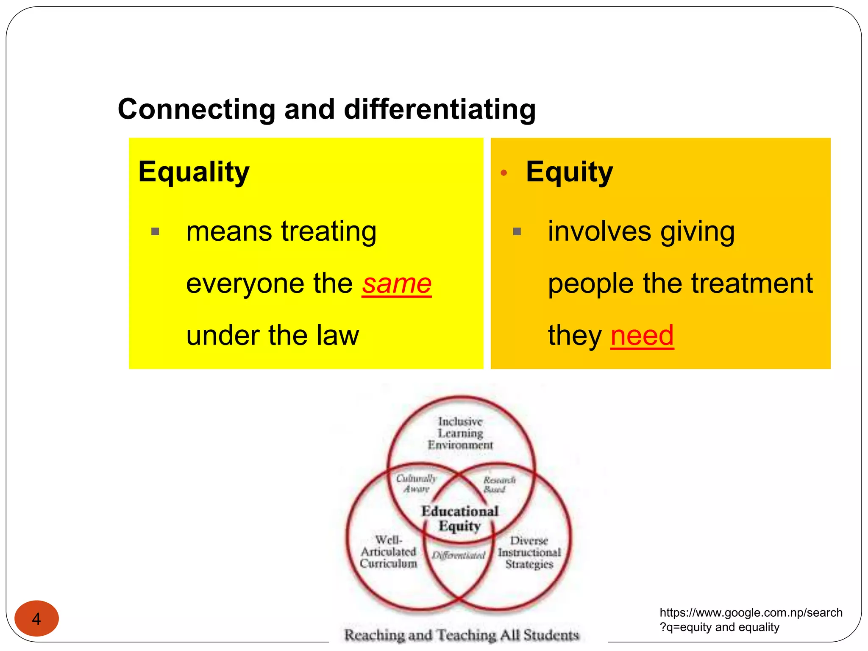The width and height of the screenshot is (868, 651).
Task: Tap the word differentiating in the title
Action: [x=440, y=109]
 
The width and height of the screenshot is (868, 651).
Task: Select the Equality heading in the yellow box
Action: [x=194, y=172]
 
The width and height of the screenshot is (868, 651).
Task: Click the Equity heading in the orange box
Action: [x=569, y=172]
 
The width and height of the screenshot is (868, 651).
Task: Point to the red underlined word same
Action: [x=397, y=284]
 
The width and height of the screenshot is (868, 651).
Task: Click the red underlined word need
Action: [x=642, y=335]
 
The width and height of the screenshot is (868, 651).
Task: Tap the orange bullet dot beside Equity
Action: [x=504, y=172]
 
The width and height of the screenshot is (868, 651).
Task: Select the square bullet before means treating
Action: [x=155, y=231]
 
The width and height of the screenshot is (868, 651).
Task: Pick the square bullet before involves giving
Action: [x=517, y=231]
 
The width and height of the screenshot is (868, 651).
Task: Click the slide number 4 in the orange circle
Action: [x=36, y=619]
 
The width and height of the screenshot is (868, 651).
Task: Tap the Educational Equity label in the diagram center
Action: [x=459, y=518]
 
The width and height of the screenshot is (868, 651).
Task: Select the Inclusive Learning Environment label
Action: [x=460, y=433]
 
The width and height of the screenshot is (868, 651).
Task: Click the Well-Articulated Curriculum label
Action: [x=388, y=552]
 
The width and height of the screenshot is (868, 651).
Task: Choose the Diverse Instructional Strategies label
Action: [x=529, y=553]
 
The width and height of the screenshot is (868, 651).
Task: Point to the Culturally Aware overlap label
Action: [x=416, y=484]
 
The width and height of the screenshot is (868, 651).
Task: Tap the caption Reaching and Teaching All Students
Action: [x=461, y=635]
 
